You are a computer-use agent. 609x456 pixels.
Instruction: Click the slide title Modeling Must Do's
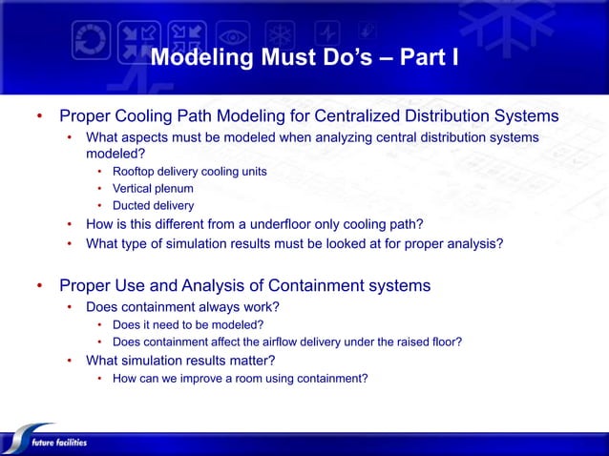[x=304, y=59]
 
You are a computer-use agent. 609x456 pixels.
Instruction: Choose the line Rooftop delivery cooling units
[x=189, y=172]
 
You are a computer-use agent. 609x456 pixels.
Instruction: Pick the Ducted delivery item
[x=153, y=205]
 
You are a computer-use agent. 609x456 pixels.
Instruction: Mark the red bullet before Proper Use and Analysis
[x=40, y=285]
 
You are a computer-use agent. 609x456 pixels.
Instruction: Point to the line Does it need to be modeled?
[x=187, y=324]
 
